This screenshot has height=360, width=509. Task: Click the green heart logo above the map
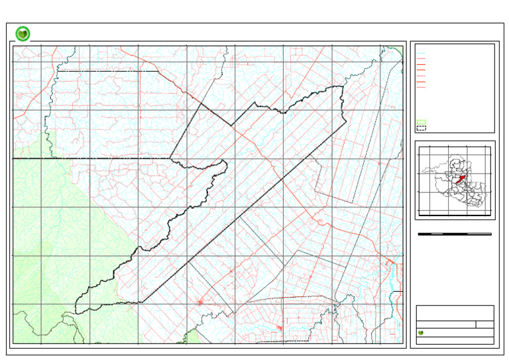pyautogui.click(x=23, y=34)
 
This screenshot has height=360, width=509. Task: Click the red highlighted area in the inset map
pyautogui.click(x=461, y=178)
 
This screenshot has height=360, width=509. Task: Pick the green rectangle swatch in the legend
pyautogui.click(x=421, y=122)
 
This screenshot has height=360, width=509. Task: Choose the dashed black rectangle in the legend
pyautogui.click(x=421, y=128)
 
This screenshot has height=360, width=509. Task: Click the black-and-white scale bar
pyautogui.click(x=455, y=234)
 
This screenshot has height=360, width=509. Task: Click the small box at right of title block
pyautogui.click(x=485, y=324)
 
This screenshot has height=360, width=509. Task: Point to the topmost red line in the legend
pyautogui.click(x=421, y=59)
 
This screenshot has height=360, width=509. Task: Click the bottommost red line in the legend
pyautogui.click(x=421, y=87)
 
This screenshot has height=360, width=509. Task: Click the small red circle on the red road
pyautogui.click(x=320, y=221)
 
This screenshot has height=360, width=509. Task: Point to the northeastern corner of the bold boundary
pyautogui.click(x=343, y=87)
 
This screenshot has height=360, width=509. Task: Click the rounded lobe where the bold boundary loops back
pyautogui.click(x=223, y=164)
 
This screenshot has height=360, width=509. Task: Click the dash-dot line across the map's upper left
pyautogui.click(x=106, y=70)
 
